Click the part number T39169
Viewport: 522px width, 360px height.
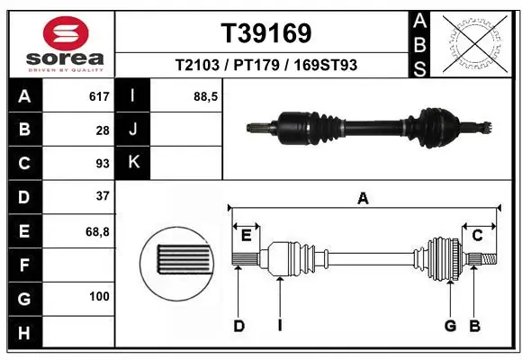tap(266, 33)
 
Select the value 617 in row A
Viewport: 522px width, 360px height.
tap(98, 96)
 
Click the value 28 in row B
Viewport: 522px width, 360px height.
tap(102, 130)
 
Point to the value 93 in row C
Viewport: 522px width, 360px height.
tap(102, 163)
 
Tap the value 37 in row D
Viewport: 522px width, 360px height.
tap(102, 196)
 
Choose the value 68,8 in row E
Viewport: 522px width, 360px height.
tap(97, 230)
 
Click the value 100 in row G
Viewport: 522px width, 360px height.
tap(99, 297)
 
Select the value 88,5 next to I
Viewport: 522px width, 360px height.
tap(206, 96)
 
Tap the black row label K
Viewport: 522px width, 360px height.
tap(133, 163)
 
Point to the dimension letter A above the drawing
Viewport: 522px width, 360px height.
tap(364, 199)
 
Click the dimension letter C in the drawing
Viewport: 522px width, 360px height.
tap(478, 235)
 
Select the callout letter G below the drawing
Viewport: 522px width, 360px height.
tap(450, 326)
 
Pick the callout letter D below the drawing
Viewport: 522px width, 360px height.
tap(239, 326)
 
